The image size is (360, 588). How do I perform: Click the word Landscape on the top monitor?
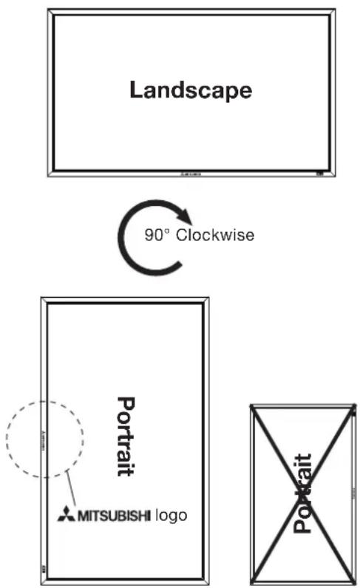191,90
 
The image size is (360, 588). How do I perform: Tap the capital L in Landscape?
136,89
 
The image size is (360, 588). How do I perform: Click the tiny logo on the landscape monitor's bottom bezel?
191,174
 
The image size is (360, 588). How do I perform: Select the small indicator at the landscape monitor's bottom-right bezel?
320,174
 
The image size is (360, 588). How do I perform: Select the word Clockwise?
215,235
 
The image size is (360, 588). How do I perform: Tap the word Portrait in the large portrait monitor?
126,436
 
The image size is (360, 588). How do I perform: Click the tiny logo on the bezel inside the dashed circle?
42,440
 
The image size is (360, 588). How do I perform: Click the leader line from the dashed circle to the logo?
71,488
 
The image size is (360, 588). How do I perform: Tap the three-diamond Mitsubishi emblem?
66,513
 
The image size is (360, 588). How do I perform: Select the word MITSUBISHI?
114,516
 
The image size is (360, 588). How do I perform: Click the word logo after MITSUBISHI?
171,516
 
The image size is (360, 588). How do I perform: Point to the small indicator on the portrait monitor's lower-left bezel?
43,569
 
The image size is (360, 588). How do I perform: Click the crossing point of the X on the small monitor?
303,494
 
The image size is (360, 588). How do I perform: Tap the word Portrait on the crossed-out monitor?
302,493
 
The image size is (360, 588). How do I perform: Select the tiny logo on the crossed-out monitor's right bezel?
353,493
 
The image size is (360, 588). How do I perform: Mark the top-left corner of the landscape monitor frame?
47,10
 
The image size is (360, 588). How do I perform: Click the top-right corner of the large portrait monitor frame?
208,298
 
